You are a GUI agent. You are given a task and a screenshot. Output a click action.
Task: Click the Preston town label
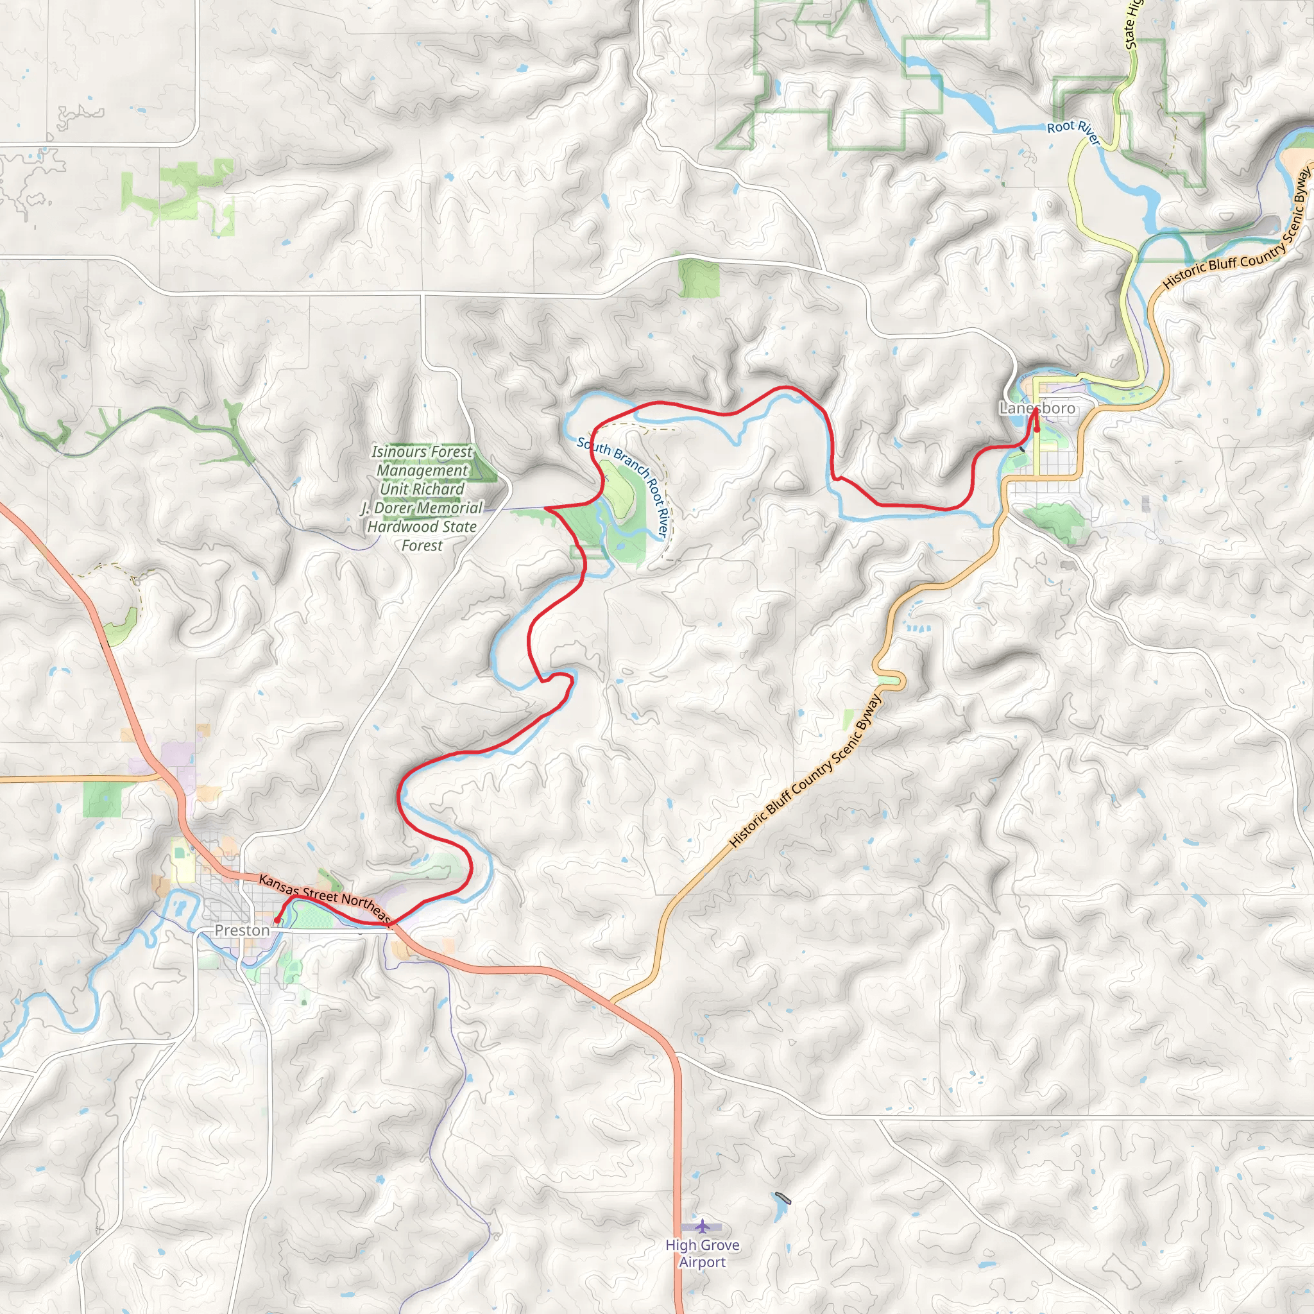pyautogui.click(x=242, y=930)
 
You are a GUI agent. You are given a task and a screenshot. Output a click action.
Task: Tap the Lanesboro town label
pyautogui.click(x=1037, y=408)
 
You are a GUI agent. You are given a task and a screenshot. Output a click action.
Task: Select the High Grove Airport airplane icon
pyautogui.click(x=702, y=1225)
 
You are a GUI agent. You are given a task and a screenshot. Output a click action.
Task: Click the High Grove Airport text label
pyautogui.click(x=702, y=1253)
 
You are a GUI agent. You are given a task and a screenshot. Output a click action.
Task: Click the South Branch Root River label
pyautogui.click(x=625, y=486)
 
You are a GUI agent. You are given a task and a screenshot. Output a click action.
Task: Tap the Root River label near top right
pyautogui.click(x=1073, y=132)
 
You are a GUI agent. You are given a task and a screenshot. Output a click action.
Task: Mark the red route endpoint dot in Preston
pyautogui.click(x=277, y=920)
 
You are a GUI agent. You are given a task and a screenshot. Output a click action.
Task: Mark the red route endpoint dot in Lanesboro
pyautogui.click(x=1037, y=429)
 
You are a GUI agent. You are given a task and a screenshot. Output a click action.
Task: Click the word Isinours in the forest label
pyautogui.click(x=398, y=452)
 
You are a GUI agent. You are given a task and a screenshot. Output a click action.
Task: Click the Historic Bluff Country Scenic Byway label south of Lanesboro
pyautogui.click(x=806, y=771)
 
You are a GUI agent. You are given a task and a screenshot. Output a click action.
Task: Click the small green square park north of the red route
pyautogui.click(x=699, y=279)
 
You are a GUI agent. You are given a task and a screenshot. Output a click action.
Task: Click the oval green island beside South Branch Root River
pyautogui.click(x=619, y=496)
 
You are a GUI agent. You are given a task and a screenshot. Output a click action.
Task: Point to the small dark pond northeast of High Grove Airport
pyautogui.click(x=783, y=1198)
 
